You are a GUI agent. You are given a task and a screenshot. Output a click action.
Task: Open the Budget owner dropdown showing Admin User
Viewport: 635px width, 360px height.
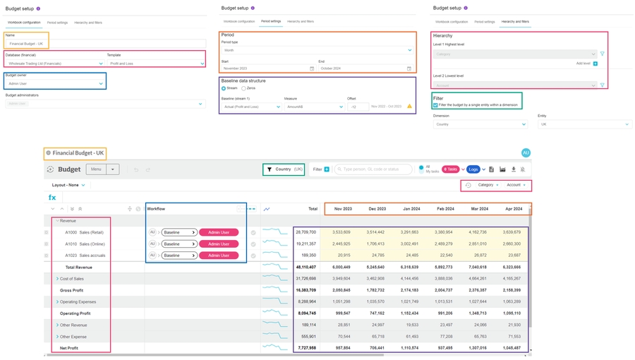click(x=55, y=83)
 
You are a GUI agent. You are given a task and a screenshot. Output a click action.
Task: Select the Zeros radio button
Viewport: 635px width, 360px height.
click(x=243, y=88)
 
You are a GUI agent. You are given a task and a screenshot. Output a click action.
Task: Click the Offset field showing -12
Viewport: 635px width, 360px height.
click(x=358, y=107)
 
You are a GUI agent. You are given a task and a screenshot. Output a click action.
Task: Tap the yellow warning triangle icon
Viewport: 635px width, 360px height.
click(x=409, y=107)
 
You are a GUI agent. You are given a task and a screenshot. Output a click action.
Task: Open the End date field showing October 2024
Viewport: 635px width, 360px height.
click(x=365, y=68)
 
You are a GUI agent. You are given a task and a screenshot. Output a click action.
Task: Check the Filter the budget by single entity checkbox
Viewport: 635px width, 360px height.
click(x=435, y=105)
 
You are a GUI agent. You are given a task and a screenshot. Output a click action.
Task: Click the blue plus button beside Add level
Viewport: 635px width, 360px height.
click(x=595, y=64)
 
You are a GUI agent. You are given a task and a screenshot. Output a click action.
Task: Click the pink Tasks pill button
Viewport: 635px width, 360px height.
click(x=450, y=169)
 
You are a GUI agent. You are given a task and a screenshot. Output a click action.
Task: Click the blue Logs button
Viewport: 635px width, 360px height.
click(x=473, y=169)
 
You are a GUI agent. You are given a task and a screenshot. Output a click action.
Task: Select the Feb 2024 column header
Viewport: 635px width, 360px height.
click(x=445, y=209)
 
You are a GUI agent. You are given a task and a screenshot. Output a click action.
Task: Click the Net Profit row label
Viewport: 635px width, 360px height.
click(x=69, y=348)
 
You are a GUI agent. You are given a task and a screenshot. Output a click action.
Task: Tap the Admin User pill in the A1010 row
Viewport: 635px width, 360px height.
click(x=219, y=244)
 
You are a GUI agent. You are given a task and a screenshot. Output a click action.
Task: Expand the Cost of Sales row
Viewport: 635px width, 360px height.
click(x=57, y=279)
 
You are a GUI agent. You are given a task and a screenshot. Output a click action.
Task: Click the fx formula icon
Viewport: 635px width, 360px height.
click(x=52, y=198)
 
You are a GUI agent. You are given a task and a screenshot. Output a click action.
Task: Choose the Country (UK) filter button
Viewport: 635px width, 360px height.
click(x=284, y=169)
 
